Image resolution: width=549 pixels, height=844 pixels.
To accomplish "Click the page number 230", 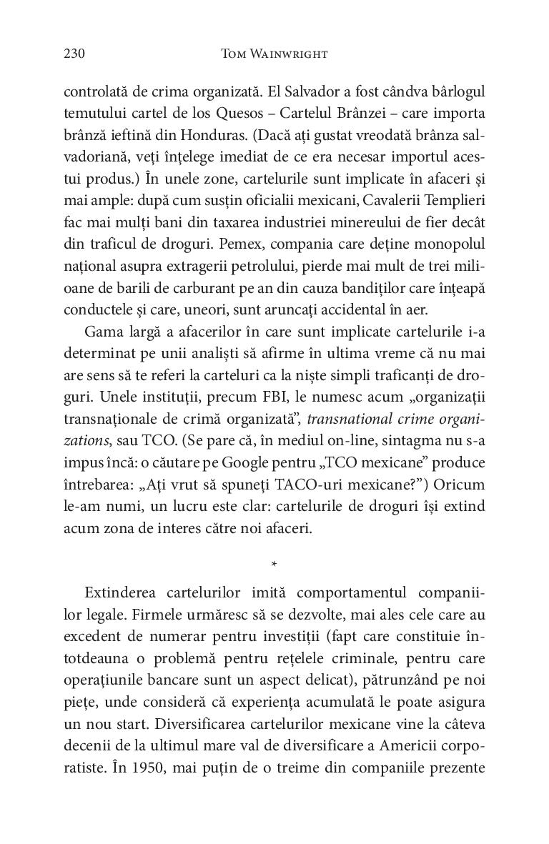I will tap(74, 54).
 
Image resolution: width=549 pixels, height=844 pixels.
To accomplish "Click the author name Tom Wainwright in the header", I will tap(274, 54).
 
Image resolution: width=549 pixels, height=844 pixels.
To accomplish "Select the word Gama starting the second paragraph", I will tap(102, 312).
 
